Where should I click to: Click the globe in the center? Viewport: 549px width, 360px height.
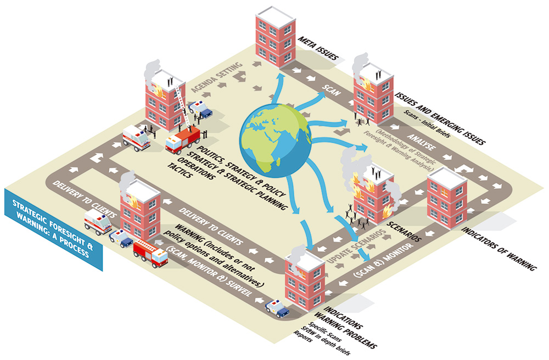(274, 140)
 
